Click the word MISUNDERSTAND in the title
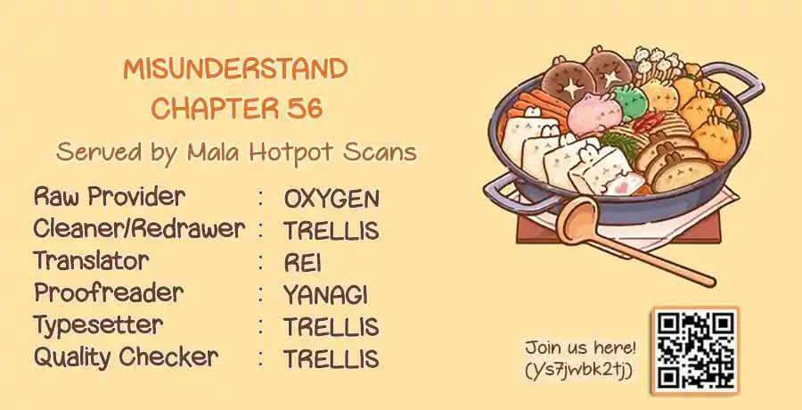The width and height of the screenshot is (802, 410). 235,70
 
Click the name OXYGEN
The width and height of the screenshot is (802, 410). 331,199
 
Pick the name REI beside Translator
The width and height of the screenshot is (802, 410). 302,263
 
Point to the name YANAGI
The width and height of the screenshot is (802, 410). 325,295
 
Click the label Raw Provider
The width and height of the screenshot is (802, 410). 110,197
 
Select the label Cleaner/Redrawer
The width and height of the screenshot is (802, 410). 139,229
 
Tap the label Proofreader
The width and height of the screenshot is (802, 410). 109,292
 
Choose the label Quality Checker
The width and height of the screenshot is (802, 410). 126,357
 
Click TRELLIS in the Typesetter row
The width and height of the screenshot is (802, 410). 331,327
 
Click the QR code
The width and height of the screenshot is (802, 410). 696,350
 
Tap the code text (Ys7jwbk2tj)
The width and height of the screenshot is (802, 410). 579,370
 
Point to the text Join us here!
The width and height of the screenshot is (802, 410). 580,348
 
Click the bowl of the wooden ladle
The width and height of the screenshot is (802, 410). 577,217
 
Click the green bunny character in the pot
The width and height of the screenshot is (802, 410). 630,102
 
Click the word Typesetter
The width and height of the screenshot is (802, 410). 98,325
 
